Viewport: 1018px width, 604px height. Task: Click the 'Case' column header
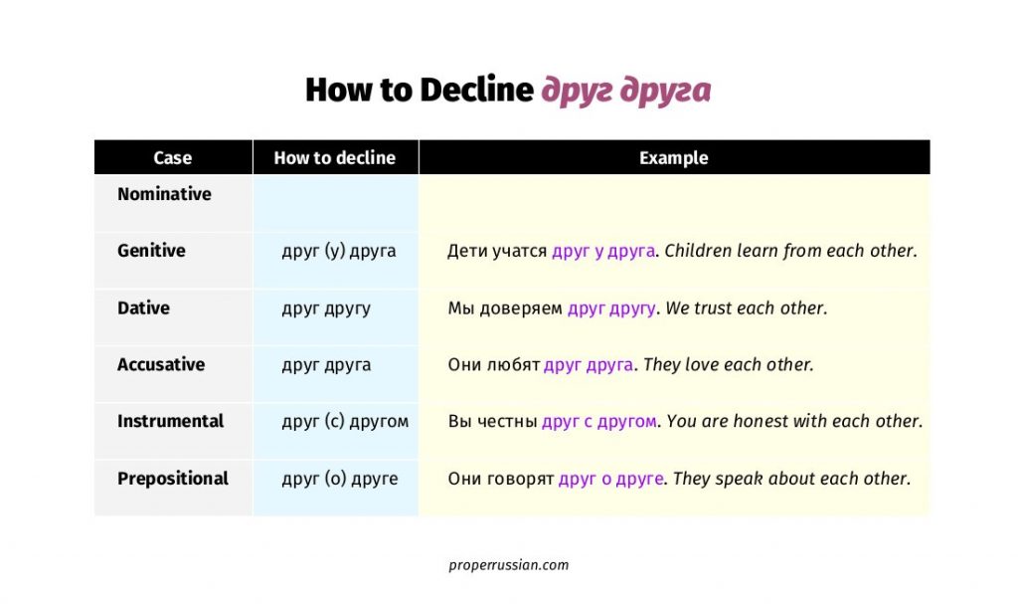[x=172, y=158]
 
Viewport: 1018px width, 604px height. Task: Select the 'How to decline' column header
[x=334, y=158]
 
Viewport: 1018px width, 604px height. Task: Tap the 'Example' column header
[x=673, y=158]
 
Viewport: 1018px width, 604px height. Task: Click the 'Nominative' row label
[x=164, y=194]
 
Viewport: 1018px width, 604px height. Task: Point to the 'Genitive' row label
[x=151, y=251]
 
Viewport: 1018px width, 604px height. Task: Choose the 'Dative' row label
[x=143, y=307]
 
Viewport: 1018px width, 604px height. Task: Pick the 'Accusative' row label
[x=161, y=364]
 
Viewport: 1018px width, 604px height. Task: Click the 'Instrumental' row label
[x=170, y=421]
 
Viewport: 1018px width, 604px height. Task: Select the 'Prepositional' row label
[x=173, y=479]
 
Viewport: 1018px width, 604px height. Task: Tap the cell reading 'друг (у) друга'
[x=338, y=251]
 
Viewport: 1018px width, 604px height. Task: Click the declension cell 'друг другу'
[x=326, y=308]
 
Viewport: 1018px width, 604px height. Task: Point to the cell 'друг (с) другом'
[x=345, y=422]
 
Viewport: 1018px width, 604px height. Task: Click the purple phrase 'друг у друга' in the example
[x=603, y=251]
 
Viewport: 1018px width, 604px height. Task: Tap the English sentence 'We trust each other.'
[x=746, y=308]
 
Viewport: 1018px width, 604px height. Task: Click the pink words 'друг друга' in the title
[x=626, y=91]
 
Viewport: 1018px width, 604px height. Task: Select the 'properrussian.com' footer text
[x=508, y=565]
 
